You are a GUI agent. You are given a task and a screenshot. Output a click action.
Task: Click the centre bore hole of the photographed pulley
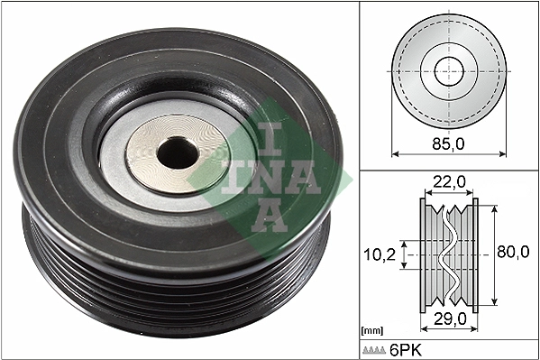click(x=177, y=154)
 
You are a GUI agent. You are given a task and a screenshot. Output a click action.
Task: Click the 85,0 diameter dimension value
click(x=449, y=143)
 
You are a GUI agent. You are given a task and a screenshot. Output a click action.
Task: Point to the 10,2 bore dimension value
click(x=380, y=254)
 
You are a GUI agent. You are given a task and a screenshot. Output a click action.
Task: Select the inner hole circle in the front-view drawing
click(x=448, y=70)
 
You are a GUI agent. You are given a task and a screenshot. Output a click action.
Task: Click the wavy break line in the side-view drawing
click(x=448, y=254)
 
